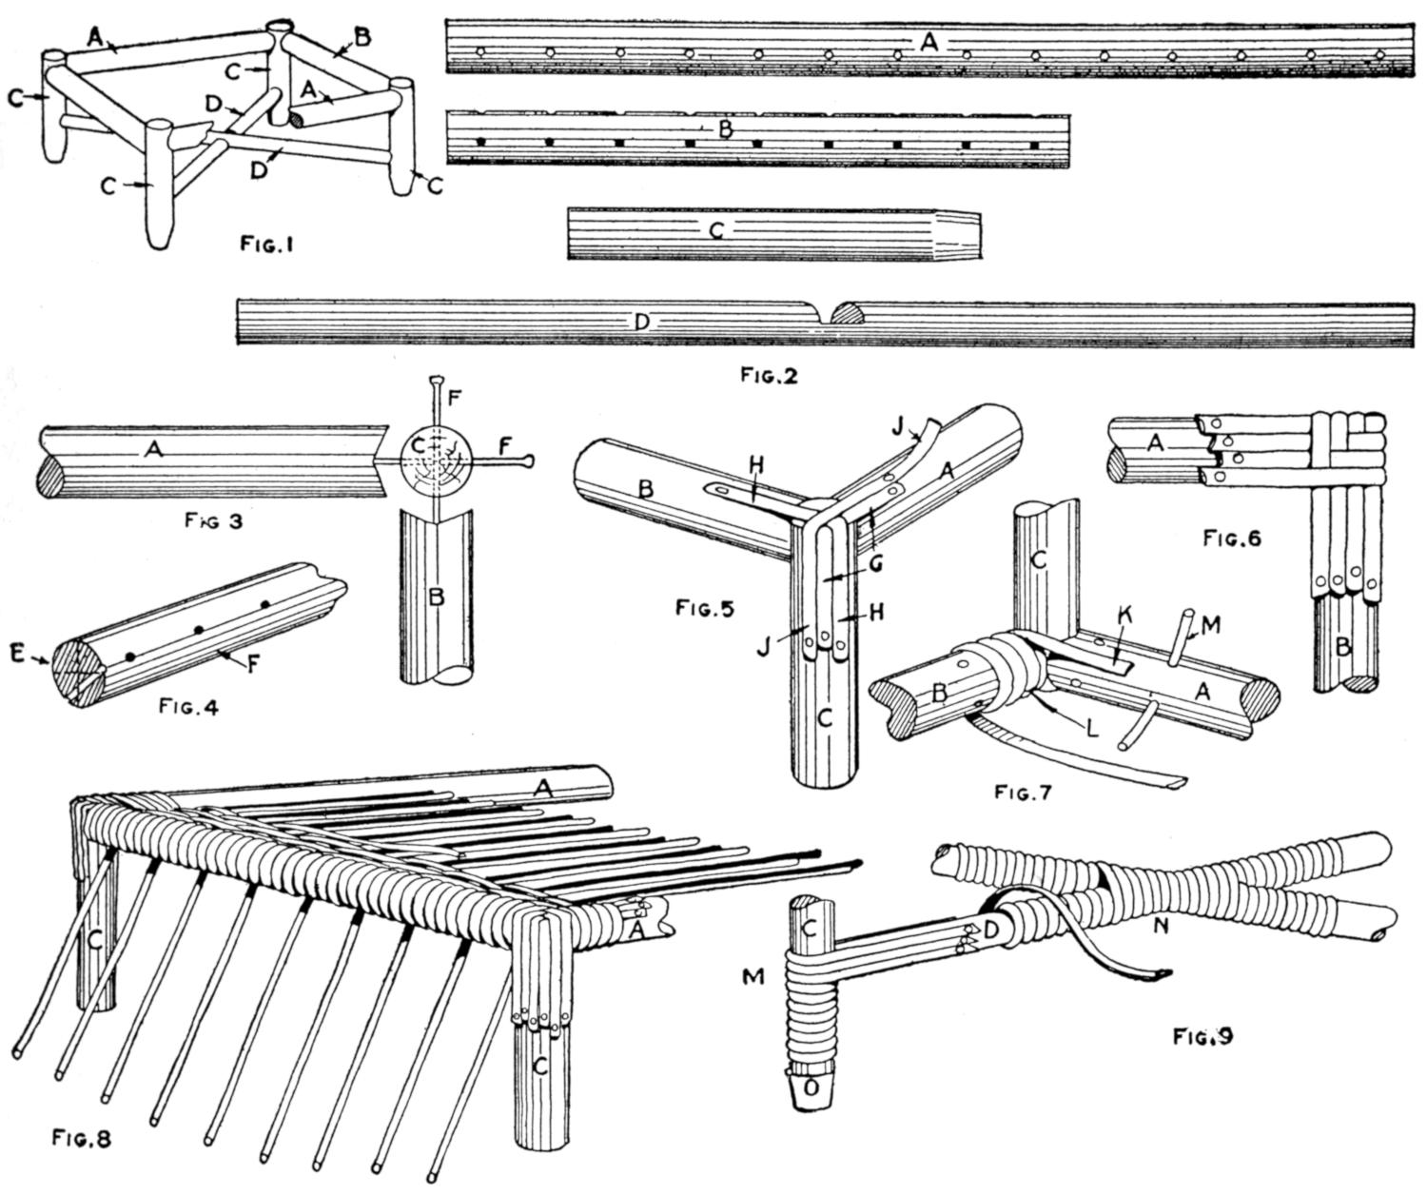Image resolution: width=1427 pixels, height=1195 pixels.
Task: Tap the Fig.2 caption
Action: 768,375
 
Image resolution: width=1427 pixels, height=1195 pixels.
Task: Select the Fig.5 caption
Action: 704,606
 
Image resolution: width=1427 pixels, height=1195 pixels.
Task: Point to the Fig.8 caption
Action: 84,1137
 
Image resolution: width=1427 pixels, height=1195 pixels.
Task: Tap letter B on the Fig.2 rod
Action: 725,130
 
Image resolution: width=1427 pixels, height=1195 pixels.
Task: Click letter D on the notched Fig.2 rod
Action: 642,323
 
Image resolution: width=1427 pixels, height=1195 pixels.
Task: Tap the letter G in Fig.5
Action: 874,564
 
